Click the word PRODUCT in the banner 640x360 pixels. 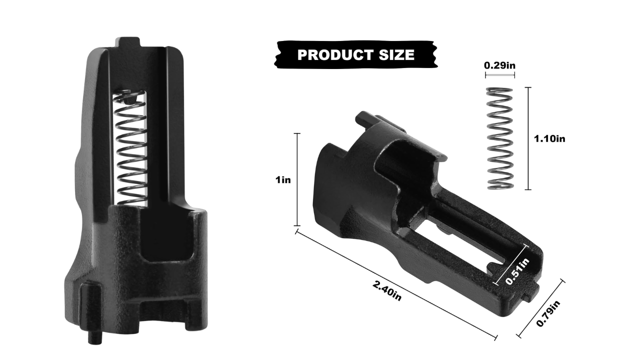(x=331, y=55)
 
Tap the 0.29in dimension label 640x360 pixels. (x=499, y=65)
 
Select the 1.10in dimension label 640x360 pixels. (x=549, y=139)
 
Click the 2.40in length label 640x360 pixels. (x=387, y=290)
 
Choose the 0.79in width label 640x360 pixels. (x=548, y=312)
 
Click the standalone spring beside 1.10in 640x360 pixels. (x=499, y=138)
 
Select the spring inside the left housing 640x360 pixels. (x=131, y=148)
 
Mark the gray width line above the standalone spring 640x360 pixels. (x=499, y=75)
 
